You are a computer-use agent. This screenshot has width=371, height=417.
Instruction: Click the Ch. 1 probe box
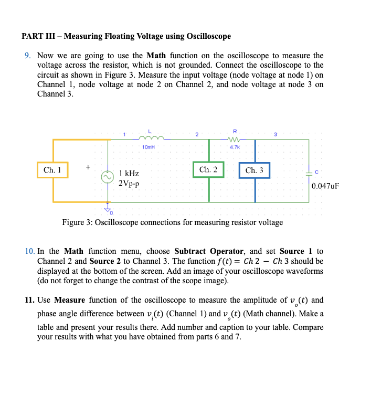[x=52, y=170]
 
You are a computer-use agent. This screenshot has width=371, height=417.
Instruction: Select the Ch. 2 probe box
[x=208, y=169]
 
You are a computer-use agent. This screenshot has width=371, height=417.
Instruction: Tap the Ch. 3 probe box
[x=255, y=170]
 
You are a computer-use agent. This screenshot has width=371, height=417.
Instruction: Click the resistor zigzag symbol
[x=235, y=139]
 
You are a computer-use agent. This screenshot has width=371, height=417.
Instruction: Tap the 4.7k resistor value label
[x=235, y=147]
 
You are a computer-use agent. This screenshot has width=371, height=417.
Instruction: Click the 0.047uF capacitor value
[x=325, y=186]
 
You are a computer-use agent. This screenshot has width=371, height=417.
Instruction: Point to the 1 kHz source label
[x=129, y=173]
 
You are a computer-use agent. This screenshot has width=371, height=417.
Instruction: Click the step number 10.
[x=29, y=252]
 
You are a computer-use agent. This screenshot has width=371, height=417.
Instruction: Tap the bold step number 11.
[x=29, y=301]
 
